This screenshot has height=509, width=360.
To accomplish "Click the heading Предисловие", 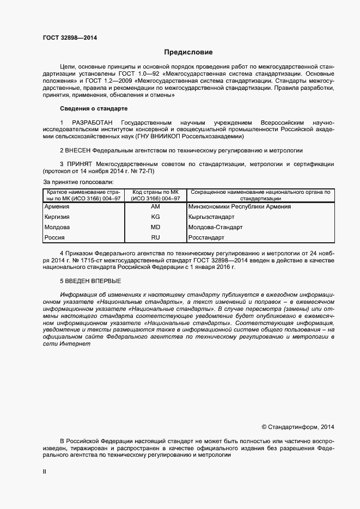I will pyautogui.click(x=188, y=52).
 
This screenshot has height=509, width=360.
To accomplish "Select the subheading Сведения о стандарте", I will pyautogui.click(x=93, y=109).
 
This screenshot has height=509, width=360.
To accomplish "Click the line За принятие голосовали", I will pyautogui.click(x=77, y=181).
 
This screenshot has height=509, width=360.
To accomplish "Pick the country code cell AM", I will pyautogui.click(x=155, y=206).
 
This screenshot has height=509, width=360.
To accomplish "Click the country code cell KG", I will pyautogui.click(x=155, y=217).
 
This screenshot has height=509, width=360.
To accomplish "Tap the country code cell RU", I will pyautogui.click(x=155, y=237).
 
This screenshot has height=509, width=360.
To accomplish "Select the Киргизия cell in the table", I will pyautogui.click(x=57, y=217).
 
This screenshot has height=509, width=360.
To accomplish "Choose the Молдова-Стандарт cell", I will pyautogui.click(x=215, y=227).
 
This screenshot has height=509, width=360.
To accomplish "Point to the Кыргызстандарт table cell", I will pyautogui.click(x=211, y=217).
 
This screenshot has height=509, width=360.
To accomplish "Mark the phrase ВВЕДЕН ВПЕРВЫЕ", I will pyautogui.click(x=94, y=281).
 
